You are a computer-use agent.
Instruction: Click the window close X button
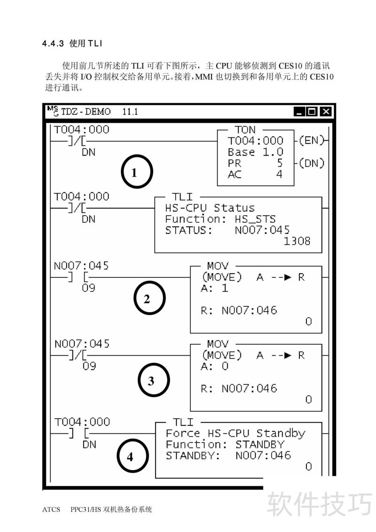click(325, 112)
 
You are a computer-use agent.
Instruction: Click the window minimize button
click(299, 112)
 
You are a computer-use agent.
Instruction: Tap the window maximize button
click(312, 112)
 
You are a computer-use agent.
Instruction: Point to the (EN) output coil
click(311, 140)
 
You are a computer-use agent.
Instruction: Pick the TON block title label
click(245, 130)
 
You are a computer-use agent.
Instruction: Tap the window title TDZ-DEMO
click(86, 112)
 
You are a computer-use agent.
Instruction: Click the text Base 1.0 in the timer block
click(255, 152)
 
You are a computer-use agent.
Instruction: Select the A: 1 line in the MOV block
click(214, 288)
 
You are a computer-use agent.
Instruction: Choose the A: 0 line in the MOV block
click(214, 366)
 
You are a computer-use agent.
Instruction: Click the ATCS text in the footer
click(51, 509)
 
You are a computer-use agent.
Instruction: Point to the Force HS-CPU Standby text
click(235, 433)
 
